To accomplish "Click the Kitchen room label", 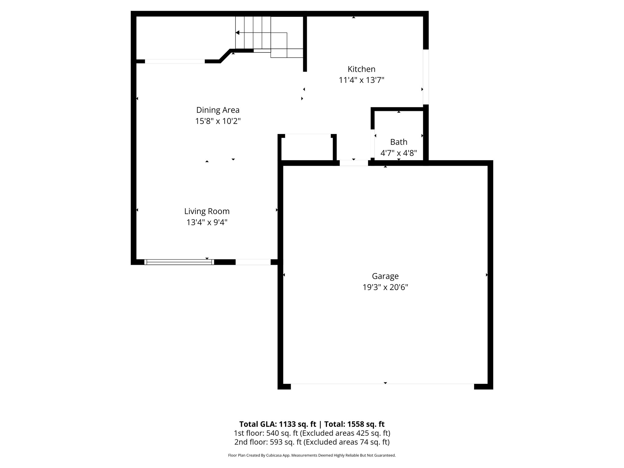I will [361, 69].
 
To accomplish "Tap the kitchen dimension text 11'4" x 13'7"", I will [361, 80].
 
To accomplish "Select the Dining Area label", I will [218, 110].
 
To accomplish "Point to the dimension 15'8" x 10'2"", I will [218, 121].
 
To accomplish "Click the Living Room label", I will [207, 211].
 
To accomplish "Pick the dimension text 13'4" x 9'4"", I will [207, 222].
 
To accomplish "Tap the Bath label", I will [399, 142].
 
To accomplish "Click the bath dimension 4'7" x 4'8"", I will [399, 153].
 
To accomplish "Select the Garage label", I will [385, 276].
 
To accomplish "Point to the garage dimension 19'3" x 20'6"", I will [385, 287].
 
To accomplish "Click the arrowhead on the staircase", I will [237, 33].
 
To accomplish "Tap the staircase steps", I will [253, 33].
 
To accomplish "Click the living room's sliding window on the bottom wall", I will [179, 262].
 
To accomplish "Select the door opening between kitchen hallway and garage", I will [354, 163].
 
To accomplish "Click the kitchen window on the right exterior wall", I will [426, 77].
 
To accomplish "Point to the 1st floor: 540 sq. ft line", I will [312, 433].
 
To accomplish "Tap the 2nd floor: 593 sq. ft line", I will [312, 442].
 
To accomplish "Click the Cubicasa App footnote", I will [312, 456].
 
